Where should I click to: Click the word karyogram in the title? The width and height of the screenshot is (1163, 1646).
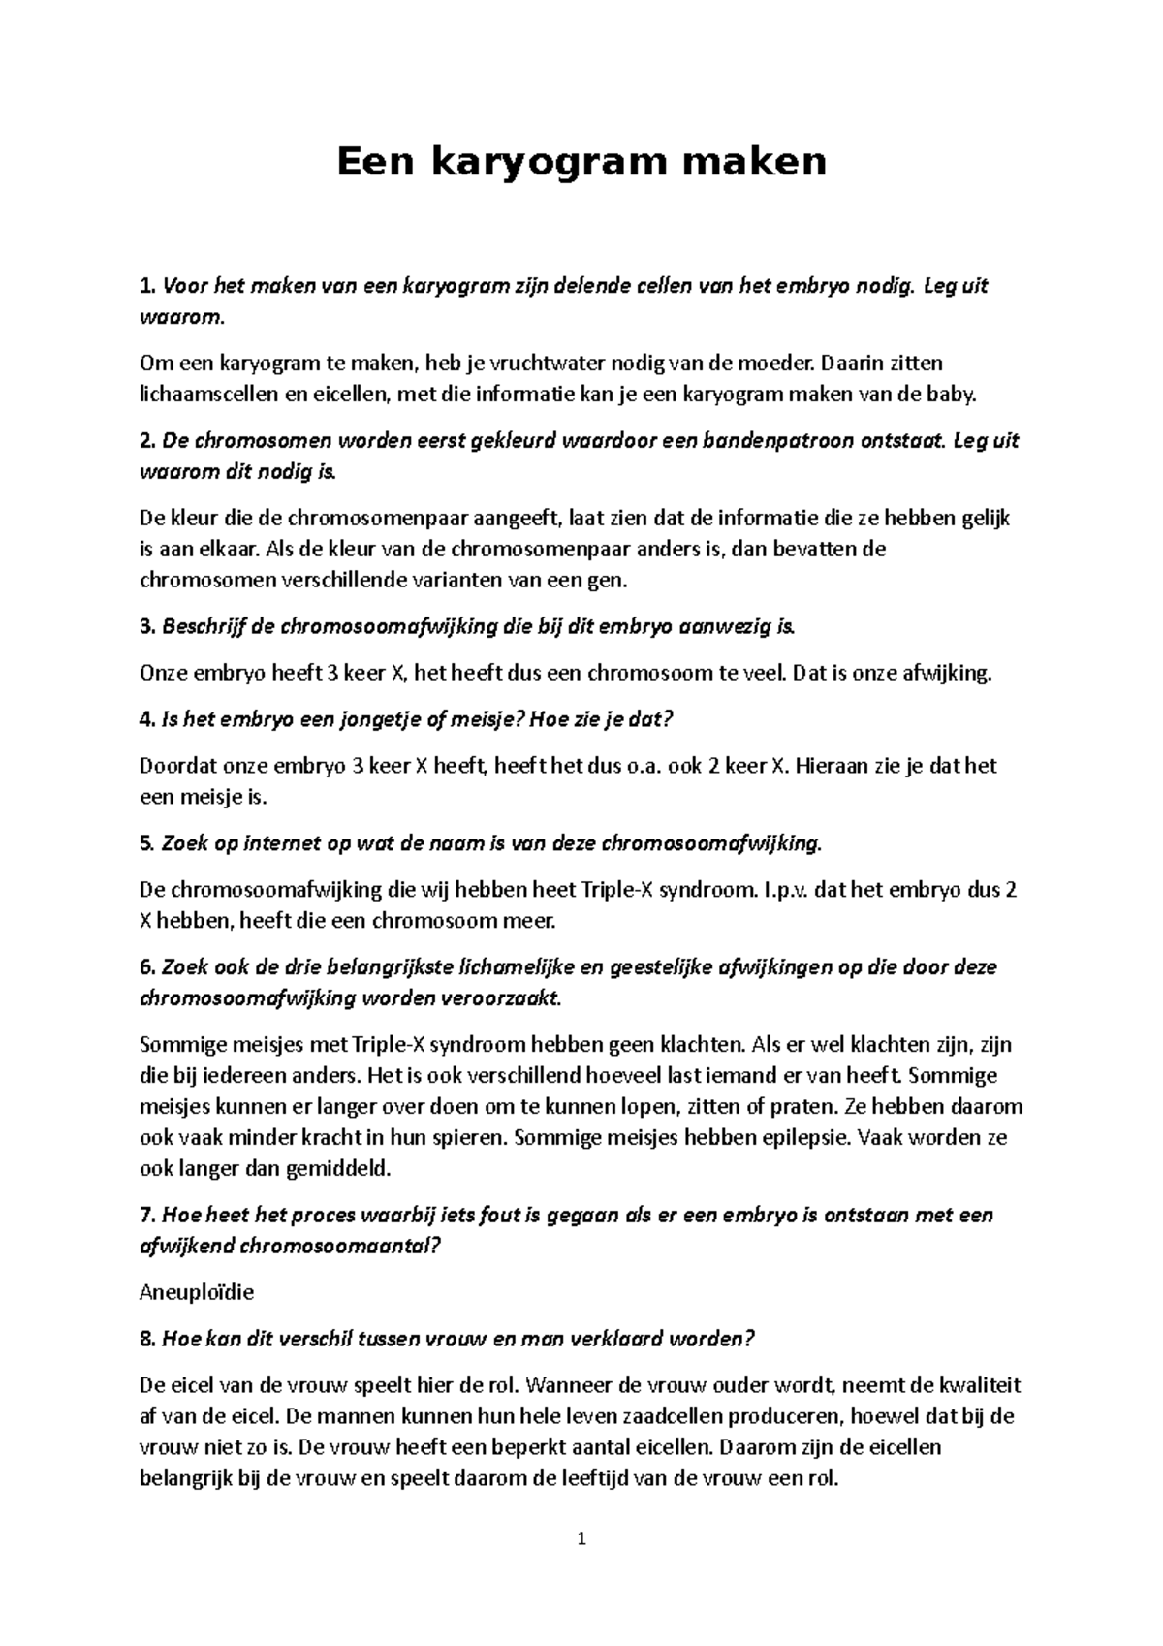(546, 161)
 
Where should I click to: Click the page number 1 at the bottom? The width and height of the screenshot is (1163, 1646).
(581, 1539)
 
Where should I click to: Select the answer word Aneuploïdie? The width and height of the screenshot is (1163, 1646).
(197, 1292)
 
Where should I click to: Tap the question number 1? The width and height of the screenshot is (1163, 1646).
(146, 286)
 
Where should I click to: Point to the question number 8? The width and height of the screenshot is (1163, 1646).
(146, 1339)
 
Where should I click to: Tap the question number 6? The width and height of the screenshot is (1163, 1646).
(146, 967)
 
